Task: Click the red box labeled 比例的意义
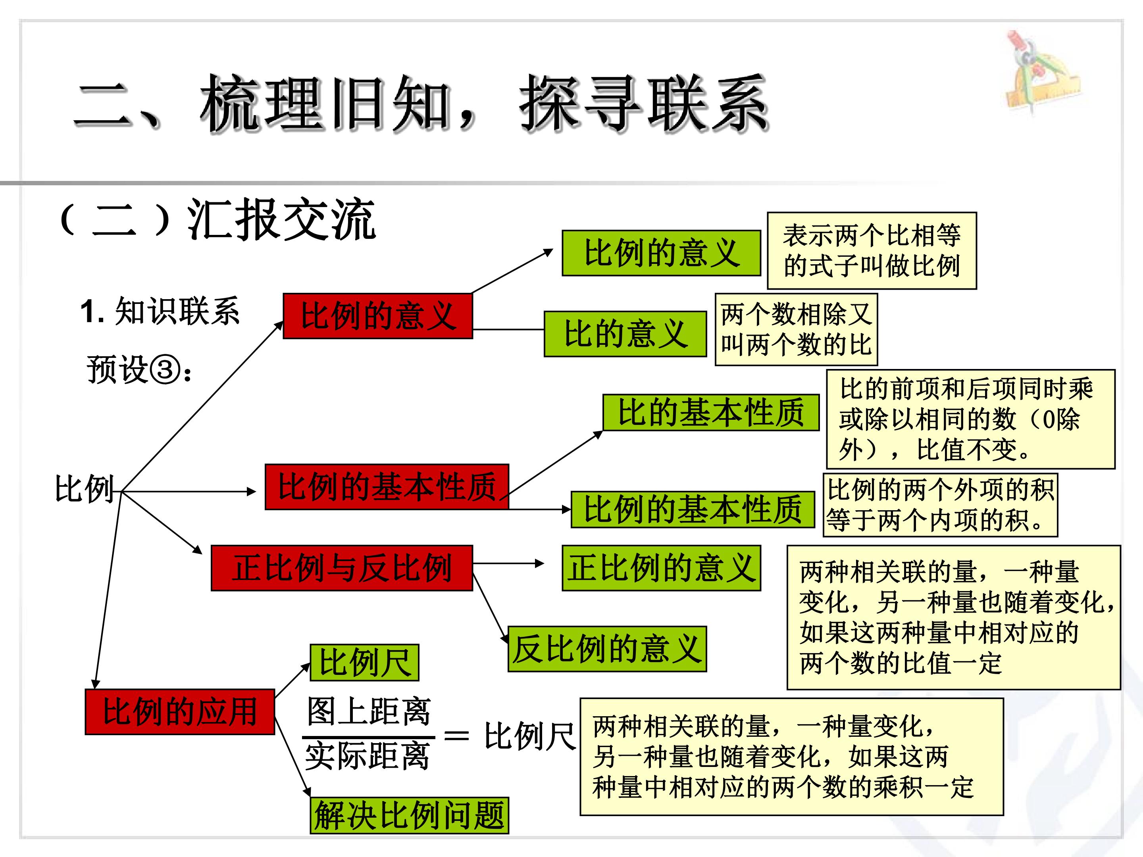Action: (x=378, y=316)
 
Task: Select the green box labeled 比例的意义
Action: (x=662, y=253)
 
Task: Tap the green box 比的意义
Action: (x=625, y=334)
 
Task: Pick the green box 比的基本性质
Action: (x=711, y=412)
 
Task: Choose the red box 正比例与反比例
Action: (x=342, y=568)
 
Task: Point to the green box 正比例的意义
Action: (x=662, y=568)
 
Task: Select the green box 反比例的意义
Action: (x=607, y=649)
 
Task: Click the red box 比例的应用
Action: (x=180, y=711)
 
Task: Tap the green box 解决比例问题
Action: (x=409, y=815)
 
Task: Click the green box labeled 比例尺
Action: (x=364, y=662)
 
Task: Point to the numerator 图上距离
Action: (x=368, y=711)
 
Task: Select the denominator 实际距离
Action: (x=368, y=756)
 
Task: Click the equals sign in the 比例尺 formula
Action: (x=457, y=736)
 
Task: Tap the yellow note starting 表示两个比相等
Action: (x=872, y=250)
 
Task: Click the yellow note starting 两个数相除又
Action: (x=796, y=330)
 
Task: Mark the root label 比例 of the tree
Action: (x=84, y=489)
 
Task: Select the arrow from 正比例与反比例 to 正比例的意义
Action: (x=508, y=563)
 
